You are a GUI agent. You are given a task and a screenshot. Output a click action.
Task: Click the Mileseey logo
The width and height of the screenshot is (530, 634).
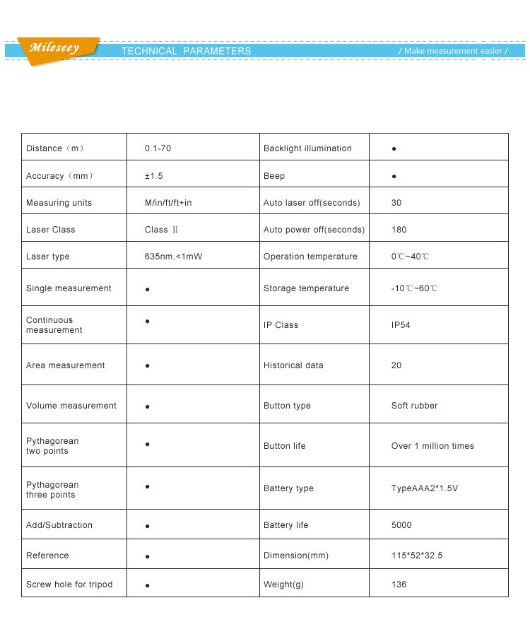click(x=54, y=49)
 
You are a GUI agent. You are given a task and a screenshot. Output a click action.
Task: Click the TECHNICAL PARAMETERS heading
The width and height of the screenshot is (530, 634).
click(x=186, y=51)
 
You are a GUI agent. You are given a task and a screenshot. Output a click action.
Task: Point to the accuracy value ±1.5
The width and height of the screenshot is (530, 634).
click(x=153, y=176)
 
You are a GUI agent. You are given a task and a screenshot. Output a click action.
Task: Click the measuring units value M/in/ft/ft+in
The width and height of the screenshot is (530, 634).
click(x=168, y=203)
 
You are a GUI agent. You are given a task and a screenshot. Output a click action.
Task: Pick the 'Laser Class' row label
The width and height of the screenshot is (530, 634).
click(x=50, y=230)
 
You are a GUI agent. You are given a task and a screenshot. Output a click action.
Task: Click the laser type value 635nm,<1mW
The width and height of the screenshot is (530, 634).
click(x=173, y=257)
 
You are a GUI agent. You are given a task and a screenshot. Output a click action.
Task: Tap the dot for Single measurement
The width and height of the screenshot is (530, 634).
click(x=147, y=290)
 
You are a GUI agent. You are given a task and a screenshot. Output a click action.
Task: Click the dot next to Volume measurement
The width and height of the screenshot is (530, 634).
click(x=147, y=407)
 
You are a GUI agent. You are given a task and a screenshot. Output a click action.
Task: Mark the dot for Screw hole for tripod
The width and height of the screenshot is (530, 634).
click(x=147, y=586)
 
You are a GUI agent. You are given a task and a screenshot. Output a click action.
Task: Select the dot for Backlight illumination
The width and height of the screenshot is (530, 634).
click(x=394, y=150)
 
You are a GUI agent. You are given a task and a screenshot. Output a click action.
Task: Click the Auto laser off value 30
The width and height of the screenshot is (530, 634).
click(x=396, y=203)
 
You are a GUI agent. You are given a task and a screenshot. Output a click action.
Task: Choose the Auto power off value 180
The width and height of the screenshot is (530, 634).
click(x=399, y=230)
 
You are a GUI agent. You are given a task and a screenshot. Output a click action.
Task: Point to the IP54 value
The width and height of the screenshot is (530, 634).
click(x=401, y=325)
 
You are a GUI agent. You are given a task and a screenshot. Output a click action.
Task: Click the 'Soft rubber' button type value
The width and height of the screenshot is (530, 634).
click(x=414, y=406)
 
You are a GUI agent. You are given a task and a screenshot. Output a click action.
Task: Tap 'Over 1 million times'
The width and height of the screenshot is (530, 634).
click(x=432, y=446)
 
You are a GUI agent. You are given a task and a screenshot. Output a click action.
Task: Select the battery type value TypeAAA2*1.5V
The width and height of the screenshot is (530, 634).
click(x=424, y=488)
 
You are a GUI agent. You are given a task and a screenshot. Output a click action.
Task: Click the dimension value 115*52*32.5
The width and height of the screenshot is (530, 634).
click(x=417, y=556)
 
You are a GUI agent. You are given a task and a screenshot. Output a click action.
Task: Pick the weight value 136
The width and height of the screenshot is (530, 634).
click(x=399, y=585)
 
